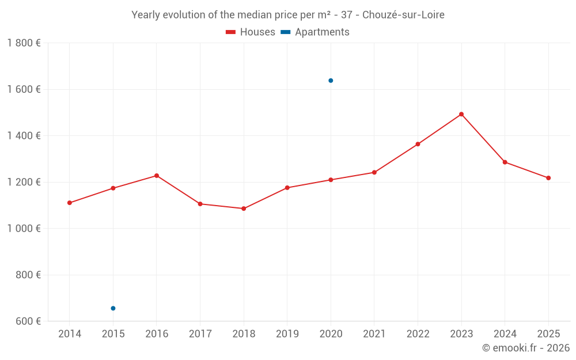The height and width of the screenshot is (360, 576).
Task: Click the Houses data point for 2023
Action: [x=461, y=114]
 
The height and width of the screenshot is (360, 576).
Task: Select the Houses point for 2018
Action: [x=244, y=209]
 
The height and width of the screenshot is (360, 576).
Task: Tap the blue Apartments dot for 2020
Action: [x=331, y=81]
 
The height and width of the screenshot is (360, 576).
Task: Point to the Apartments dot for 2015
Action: [x=113, y=308]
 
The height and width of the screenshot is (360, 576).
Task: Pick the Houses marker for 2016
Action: [x=157, y=176]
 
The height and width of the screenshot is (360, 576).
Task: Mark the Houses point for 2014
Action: [x=70, y=203]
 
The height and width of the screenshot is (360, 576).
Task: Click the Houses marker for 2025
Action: [x=548, y=178]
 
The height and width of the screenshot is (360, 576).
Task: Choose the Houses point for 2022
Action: [x=418, y=144]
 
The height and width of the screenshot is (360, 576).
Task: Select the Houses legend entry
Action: [x=251, y=32]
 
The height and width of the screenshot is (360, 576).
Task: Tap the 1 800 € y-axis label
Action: [x=24, y=43]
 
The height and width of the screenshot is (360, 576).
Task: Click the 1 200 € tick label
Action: [x=24, y=182]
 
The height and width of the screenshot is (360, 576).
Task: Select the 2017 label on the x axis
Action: [x=200, y=334]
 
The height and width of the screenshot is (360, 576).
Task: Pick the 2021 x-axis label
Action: [x=374, y=334]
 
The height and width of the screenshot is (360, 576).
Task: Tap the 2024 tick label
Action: [x=505, y=334]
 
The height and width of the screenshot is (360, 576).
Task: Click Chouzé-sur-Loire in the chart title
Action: [x=403, y=15]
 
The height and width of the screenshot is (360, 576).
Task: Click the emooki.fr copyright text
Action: [x=526, y=348]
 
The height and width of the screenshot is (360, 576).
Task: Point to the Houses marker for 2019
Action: [x=287, y=188]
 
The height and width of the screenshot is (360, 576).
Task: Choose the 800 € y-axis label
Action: [x=28, y=275]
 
